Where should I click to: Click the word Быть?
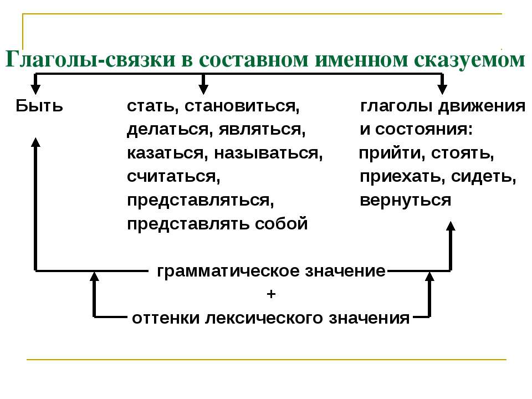pos(39,105)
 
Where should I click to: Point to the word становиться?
pos(242,106)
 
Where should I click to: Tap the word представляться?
pos(200,201)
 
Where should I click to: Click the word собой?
pos(282,223)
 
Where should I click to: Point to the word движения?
pos(482,106)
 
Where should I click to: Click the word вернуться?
pos(405,201)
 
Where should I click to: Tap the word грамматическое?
pos(228,272)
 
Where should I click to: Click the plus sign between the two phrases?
pos(271,294)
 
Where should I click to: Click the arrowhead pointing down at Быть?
pos(35,89)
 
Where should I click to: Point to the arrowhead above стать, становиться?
pos(203,89)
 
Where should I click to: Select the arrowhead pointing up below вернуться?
pos(451,226)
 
